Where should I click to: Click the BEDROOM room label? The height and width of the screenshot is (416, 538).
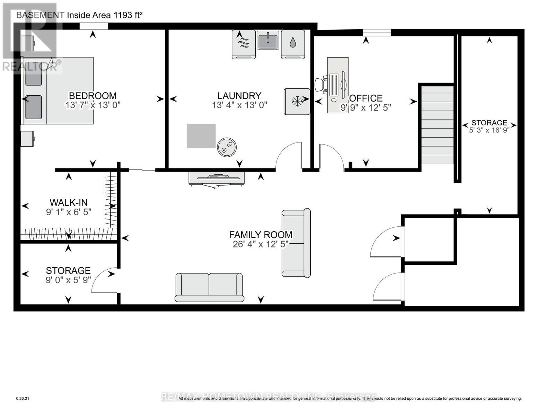click(92, 96)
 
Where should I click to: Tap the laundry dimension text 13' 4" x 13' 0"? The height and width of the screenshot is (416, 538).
click(239, 105)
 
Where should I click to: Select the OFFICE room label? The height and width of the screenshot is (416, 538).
click(367, 98)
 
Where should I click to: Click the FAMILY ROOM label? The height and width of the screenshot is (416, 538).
click(261, 235)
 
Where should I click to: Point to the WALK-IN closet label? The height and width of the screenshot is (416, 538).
click(69, 202)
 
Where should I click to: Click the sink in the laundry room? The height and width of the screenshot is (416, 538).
click(268, 40)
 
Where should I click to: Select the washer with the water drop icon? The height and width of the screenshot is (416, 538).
click(293, 44)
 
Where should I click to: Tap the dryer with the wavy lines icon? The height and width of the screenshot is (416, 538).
click(244, 44)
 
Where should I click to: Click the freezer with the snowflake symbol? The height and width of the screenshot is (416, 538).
click(297, 102)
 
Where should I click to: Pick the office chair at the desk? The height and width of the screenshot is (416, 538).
click(321, 85)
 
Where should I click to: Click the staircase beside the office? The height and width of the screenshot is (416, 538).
click(437, 125)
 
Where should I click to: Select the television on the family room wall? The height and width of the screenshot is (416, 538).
click(217, 178)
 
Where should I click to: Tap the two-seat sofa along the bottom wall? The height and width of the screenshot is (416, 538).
click(209, 287)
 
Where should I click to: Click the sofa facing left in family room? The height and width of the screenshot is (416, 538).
click(296, 243)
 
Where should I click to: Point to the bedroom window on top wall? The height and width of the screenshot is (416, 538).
click(94, 26)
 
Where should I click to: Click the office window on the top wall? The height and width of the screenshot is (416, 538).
click(377, 33)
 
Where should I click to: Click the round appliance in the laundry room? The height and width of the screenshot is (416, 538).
click(227, 146)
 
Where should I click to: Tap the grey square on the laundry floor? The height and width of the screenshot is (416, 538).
click(201, 136)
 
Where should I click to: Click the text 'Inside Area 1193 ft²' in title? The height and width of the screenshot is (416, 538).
click(105, 15)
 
